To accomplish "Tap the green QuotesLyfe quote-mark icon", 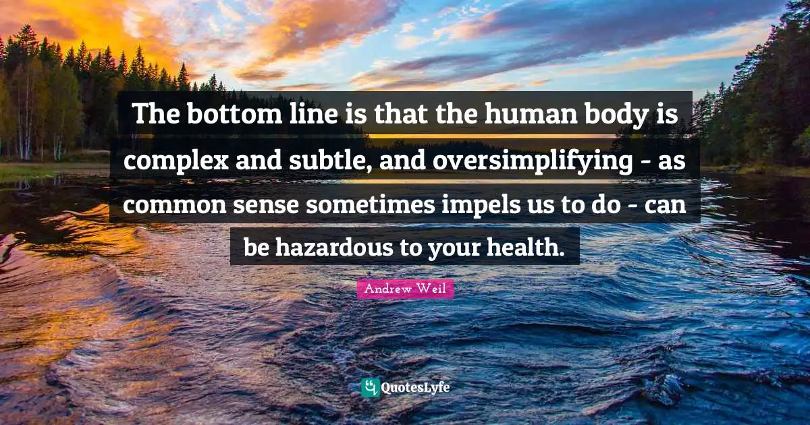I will point(370,387).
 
